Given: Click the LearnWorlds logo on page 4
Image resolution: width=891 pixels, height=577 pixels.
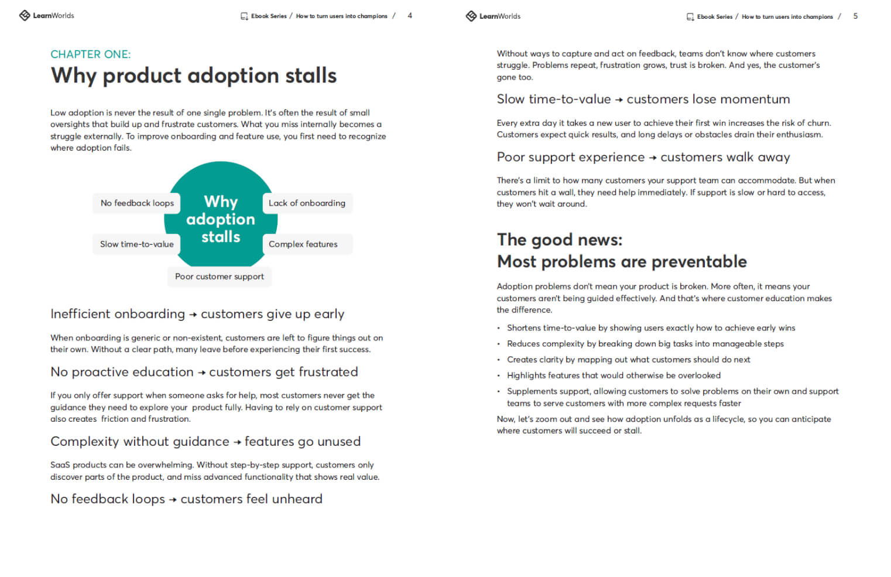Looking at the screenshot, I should (x=46, y=16).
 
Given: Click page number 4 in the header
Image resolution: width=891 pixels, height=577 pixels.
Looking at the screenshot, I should (x=410, y=16).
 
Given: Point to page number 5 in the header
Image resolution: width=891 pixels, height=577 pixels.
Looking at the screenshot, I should (x=855, y=16).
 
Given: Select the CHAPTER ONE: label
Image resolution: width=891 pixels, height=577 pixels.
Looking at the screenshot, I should (x=90, y=54).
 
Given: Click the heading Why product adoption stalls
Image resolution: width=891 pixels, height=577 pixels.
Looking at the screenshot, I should (x=193, y=76).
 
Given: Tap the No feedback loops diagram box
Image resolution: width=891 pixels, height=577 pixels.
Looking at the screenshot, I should (x=137, y=203).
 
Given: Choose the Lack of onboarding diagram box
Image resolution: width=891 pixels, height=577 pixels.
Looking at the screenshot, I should (x=307, y=203).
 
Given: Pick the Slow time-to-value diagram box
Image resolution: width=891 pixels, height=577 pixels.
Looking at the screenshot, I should (x=136, y=244).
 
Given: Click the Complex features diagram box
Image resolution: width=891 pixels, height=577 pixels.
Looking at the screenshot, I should (x=303, y=244).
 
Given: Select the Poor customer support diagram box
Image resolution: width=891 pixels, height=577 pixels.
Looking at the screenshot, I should (x=220, y=276).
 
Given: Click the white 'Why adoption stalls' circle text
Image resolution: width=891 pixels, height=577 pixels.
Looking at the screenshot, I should (x=221, y=220).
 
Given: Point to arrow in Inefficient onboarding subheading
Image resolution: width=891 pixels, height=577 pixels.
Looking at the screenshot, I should (x=193, y=315).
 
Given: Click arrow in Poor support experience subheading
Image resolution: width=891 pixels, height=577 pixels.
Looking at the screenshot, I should (x=653, y=158).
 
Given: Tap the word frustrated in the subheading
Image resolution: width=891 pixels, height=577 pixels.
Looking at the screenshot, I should (x=328, y=373).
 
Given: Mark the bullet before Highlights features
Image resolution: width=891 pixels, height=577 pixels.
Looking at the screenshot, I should (x=499, y=376).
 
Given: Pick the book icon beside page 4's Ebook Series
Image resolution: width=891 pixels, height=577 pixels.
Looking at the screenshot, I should (x=244, y=16).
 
